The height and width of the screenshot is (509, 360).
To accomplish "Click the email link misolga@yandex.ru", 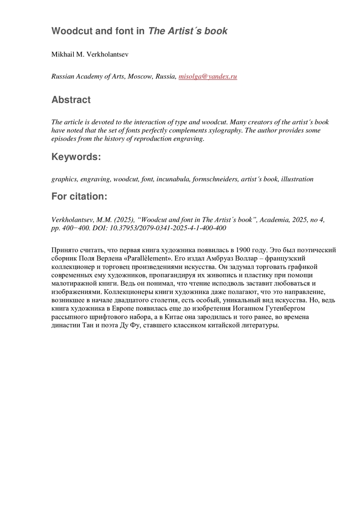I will pos(208,76).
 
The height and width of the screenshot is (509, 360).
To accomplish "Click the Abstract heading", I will pos(71,100).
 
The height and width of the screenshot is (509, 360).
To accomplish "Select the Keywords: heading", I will pos(76,157).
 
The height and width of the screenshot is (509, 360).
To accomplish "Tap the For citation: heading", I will pos(79,197).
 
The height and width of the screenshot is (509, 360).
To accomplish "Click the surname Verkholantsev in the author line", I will pos(105,54).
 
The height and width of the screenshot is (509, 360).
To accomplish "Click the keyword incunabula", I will pos(173,179).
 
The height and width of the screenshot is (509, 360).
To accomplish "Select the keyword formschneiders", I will pos(215,179).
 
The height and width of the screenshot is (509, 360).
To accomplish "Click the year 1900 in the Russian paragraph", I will pos(243,250).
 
